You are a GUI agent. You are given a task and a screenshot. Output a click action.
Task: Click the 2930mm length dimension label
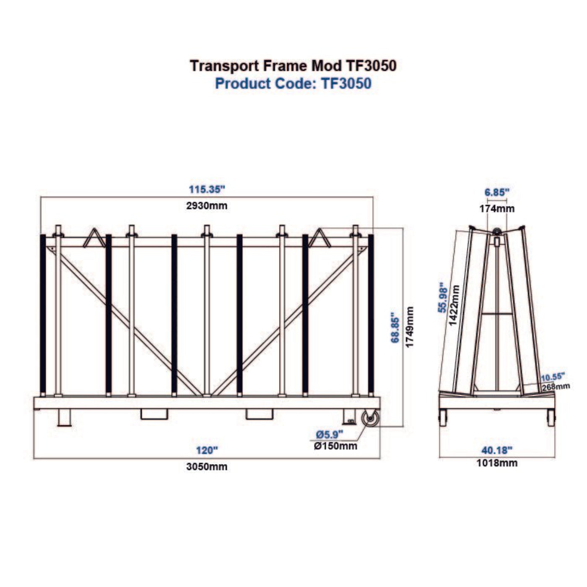pos(207,206)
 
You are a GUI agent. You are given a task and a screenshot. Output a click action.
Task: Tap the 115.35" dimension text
pos(207,190)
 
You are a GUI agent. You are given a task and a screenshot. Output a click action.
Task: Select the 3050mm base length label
pos(207,467)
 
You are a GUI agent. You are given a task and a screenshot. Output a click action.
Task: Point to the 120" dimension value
pos(207,451)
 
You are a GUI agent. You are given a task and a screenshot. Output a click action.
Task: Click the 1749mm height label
pos(410,327)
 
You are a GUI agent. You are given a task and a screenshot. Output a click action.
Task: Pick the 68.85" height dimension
pos(395,327)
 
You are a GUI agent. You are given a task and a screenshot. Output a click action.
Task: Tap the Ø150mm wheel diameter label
pos(335,446)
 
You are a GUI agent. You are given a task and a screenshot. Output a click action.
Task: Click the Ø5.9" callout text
pos(330,434)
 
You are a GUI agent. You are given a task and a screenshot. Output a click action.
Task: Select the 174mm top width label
pos(497,208)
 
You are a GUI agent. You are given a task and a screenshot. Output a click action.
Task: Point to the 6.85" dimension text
pos(497,192)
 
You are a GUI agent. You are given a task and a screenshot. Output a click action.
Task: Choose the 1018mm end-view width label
pos(497,463)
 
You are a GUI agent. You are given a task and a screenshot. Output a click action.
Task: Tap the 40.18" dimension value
pos(497,451)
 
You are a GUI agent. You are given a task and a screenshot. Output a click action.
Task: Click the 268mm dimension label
pos(556,387)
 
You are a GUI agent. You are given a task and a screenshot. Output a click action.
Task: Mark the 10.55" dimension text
pos(553,376)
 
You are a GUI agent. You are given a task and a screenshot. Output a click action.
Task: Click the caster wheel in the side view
pos(371,419)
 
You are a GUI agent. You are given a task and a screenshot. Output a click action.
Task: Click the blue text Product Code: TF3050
pos(293,83)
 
